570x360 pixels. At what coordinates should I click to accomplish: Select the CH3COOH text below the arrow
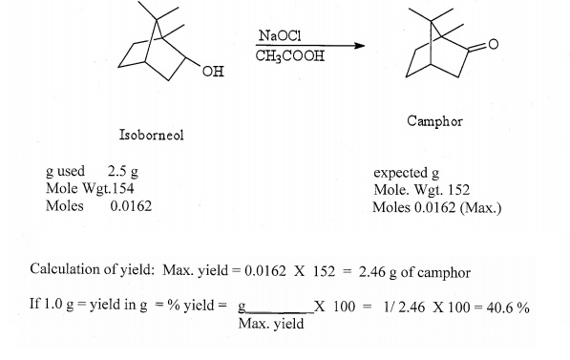(289, 56)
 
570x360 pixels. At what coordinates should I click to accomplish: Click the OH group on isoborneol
(212, 74)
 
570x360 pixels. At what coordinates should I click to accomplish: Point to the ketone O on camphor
(495, 45)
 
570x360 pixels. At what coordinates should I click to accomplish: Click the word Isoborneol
(151, 135)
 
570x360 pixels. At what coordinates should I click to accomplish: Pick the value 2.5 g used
(123, 172)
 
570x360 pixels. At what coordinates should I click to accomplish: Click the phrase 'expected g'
(406, 174)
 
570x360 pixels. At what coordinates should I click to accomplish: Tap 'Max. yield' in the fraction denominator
(271, 324)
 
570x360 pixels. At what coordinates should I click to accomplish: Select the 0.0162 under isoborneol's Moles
(130, 205)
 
